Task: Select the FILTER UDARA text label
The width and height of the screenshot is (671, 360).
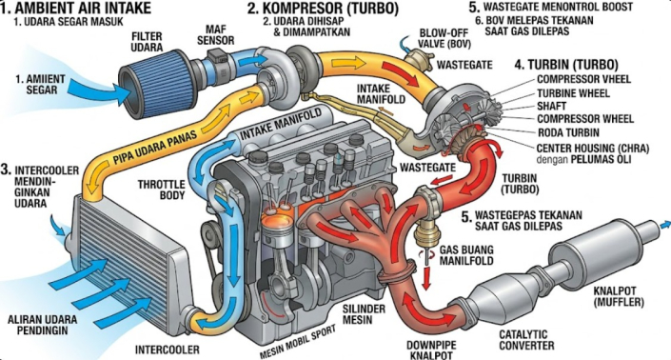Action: point(147,42)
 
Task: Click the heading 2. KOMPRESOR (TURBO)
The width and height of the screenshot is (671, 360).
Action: point(323,8)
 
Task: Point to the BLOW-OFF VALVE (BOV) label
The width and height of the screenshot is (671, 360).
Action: point(444,38)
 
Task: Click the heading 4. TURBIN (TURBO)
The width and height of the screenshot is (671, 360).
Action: point(566,65)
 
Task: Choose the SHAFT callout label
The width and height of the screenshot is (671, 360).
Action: point(552,106)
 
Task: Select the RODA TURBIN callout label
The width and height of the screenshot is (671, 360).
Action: point(568,132)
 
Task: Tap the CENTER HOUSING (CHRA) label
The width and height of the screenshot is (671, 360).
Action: point(593,149)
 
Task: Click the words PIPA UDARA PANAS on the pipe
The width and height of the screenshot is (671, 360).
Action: point(155,148)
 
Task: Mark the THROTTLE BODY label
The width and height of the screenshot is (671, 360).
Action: point(162,190)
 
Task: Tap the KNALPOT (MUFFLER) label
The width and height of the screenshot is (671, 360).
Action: point(619,296)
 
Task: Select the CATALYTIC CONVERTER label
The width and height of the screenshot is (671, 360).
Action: point(526,339)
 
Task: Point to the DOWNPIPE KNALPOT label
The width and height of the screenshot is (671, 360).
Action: point(431,350)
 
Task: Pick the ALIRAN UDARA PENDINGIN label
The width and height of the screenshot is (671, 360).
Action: point(43,325)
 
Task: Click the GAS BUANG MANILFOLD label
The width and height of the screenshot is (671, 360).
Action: point(466,254)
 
